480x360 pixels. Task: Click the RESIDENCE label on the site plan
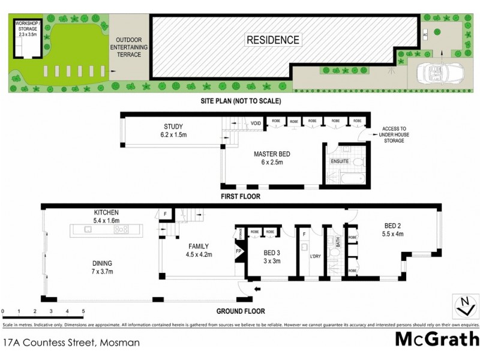coord(272,40)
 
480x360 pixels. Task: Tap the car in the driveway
coord(435,71)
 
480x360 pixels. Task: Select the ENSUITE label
coord(339,161)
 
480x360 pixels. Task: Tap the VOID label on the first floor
coord(256,124)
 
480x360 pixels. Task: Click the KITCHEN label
coord(106,212)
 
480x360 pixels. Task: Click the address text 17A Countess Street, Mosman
coord(71,343)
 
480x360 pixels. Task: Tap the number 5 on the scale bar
coord(83,311)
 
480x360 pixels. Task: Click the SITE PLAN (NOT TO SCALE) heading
coord(241,101)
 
